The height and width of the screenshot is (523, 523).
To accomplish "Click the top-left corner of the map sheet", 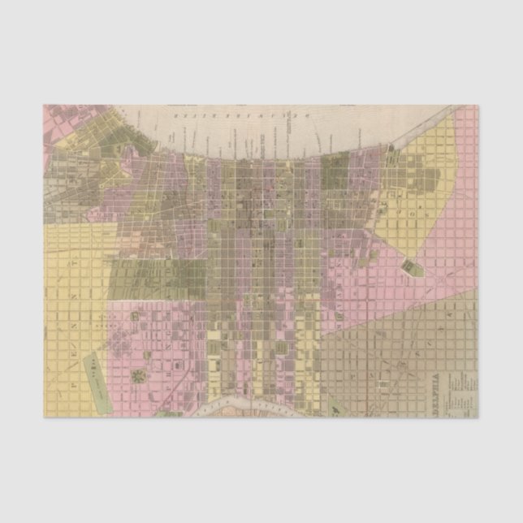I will (x=45, y=105).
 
